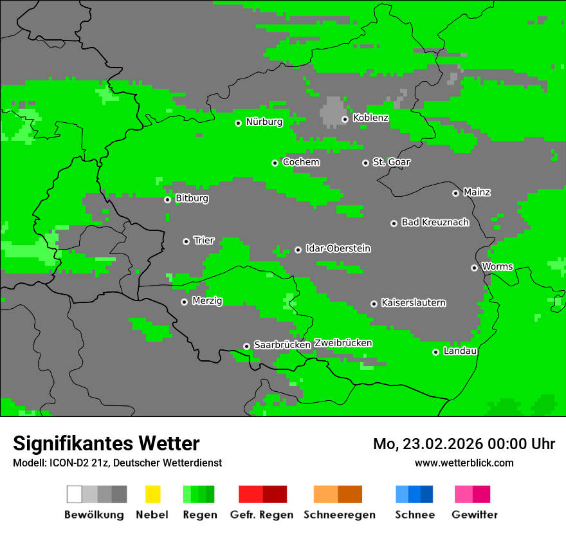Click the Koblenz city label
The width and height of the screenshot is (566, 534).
[x=370, y=118]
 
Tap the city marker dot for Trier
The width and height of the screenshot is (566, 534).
[x=186, y=241]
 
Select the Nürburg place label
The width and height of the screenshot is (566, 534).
[x=264, y=122]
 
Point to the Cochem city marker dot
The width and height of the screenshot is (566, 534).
[x=275, y=163]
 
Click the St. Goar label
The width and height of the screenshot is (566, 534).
[x=391, y=162]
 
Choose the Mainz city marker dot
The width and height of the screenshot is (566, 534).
[x=455, y=193]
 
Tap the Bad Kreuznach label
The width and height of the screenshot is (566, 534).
[x=435, y=223]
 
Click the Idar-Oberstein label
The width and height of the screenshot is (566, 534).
[x=338, y=248]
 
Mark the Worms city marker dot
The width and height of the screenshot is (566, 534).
[x=474, y=268]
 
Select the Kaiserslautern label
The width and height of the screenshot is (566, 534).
[x=413, y=302]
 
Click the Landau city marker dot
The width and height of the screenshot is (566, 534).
[x=435, y=352]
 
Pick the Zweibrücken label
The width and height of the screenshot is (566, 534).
[x=343, y=343]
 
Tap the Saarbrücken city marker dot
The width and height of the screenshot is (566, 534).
[x=246, y=346]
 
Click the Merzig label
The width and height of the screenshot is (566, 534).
[x=207, y=301]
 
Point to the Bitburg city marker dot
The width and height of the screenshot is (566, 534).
[x=167, y=199]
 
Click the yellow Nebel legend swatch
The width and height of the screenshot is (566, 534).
[x=152, y=494]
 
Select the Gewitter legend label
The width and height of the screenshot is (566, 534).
[x=474, y=515]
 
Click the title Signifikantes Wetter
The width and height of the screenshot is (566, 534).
[x=106, y=443]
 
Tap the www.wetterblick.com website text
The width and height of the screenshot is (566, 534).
[x=464, y=463]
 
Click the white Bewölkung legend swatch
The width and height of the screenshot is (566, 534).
[x=75, y=494]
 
